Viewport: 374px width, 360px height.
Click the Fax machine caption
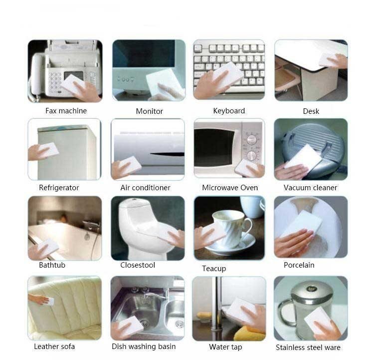click(66, 111)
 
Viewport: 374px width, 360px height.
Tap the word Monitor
click(149, 111)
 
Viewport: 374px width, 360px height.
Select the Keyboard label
click(229, 111)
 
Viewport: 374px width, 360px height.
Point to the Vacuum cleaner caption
click(310, 188)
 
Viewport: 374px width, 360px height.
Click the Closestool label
click(138, 265)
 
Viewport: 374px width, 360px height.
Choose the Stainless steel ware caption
click(308, 347)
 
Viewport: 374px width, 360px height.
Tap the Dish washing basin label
click(144, 347)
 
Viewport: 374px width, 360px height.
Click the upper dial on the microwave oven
click(251, 140)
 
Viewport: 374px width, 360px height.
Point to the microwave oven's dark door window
click(213, 148)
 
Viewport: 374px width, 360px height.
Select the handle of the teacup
click(248, 227)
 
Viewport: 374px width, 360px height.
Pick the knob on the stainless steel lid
click(311, 289)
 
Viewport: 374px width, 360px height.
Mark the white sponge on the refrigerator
click(49, 150)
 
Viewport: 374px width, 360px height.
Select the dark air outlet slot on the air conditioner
click(167, 154)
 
